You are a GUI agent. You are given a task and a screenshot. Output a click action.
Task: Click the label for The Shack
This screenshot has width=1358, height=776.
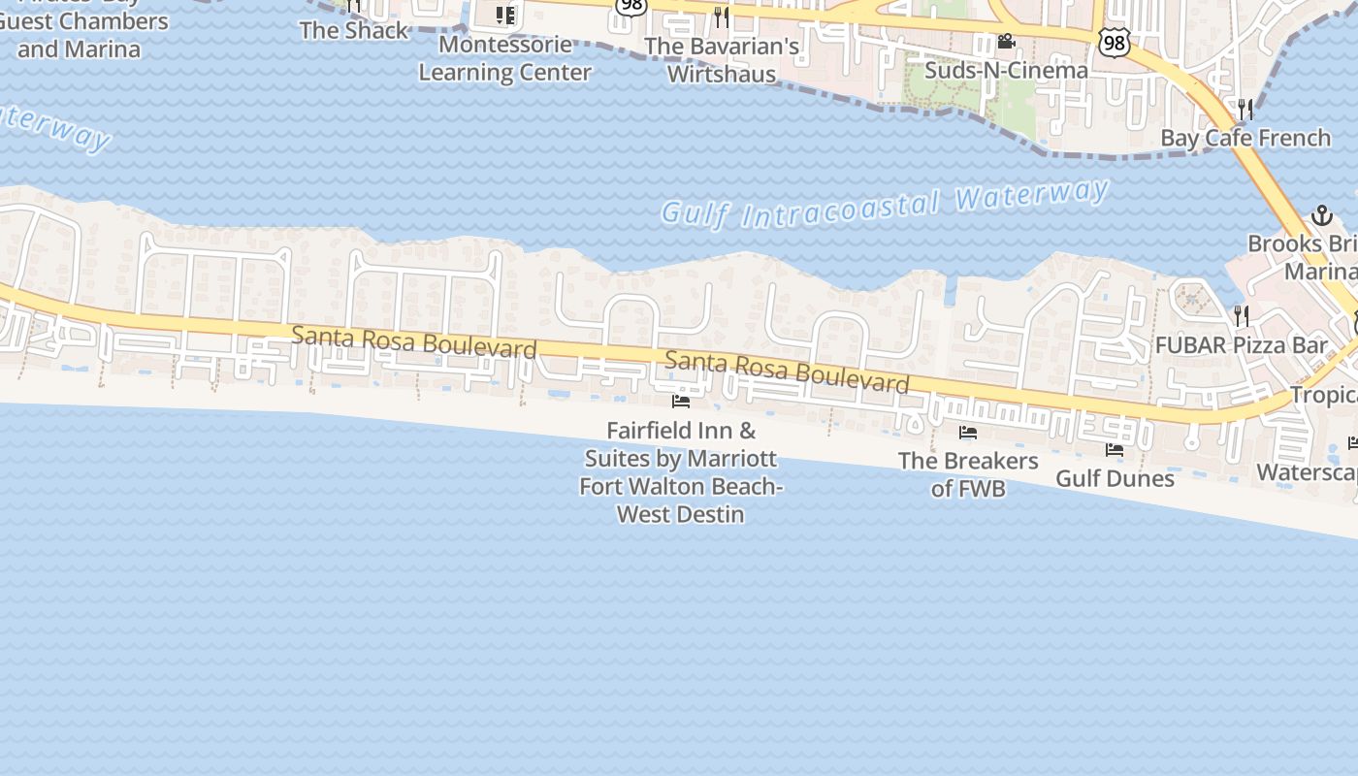354,30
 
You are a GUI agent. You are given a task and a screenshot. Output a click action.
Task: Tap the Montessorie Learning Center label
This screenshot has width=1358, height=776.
504,58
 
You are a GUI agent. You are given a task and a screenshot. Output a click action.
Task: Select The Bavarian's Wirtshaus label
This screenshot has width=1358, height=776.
722,59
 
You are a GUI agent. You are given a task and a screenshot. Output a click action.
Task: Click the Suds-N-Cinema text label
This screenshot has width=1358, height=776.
1006,70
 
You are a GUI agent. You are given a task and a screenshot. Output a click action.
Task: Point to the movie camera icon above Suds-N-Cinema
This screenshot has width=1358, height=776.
1006,42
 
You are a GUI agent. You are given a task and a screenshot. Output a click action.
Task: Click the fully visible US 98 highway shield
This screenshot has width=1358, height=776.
1115,42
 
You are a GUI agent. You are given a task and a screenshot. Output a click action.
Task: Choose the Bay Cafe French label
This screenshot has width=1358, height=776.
1245,138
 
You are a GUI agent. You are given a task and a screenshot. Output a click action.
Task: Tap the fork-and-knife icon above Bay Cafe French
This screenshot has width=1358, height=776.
1245,109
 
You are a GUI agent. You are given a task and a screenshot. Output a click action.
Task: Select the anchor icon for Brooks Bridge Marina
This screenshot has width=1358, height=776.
1321,215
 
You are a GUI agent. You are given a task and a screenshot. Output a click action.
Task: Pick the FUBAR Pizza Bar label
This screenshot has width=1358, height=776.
1241,344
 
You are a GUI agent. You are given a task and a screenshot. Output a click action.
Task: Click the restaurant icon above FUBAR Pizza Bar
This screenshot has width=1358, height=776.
1241,315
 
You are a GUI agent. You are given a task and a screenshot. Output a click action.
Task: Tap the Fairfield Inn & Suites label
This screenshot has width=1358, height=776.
681,471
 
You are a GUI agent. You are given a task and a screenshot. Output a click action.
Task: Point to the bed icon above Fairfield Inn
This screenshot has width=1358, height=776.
681,401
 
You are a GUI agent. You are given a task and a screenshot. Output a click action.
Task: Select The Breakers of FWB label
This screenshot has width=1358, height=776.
968,474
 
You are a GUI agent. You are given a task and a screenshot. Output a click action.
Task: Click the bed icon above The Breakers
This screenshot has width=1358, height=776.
968,433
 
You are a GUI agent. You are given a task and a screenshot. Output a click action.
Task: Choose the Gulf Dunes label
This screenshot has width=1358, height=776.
1115,478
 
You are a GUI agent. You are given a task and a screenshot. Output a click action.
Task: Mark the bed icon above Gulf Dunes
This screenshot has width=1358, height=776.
1115,450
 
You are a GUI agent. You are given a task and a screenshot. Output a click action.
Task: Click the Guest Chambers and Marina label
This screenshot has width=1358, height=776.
83,35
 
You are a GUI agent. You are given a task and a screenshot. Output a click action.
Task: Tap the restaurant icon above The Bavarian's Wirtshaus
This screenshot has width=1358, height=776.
721,16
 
